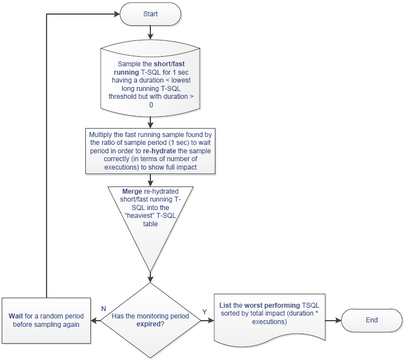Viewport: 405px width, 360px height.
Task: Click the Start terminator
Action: [150, 14]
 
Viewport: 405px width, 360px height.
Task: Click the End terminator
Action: [372, 320]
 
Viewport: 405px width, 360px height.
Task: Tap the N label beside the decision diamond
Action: [104, 309]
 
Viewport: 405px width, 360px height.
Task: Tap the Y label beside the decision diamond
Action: [205, 312]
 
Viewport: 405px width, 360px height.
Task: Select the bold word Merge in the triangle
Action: [132, 192]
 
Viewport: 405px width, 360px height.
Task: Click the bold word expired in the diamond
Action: [149, 324]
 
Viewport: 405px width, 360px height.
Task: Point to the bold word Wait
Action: [16, 316]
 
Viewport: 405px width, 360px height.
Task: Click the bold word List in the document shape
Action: [225, 306]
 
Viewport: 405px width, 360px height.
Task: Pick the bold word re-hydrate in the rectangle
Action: [159, 151]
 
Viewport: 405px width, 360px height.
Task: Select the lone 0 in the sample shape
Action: [151, 105]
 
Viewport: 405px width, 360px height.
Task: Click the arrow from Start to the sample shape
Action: [150, 33]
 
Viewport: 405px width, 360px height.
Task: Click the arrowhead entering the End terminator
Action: [338, 321]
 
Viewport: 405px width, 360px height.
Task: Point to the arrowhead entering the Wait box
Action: [94, 321]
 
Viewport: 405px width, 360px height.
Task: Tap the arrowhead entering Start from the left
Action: [117, 14]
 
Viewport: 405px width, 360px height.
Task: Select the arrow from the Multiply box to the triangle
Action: [150, 180]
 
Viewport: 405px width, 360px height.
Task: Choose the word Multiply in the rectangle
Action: [100, 135]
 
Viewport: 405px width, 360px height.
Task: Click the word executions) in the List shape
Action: [269, 322]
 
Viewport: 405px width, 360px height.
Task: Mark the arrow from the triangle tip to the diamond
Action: [150, 277]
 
